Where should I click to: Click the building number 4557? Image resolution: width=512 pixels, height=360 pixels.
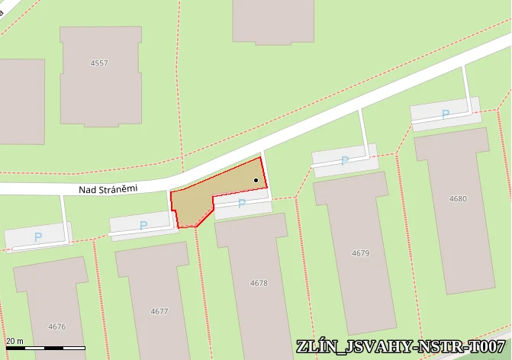[99, 63]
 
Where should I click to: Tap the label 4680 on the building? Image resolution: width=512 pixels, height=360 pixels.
[459, 199]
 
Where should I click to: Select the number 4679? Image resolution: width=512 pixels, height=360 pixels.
[361, 252]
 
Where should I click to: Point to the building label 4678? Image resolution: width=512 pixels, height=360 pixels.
[259, 283]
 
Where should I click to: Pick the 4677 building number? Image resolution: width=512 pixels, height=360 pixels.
[159, 311]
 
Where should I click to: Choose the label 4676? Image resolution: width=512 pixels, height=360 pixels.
[57, 326]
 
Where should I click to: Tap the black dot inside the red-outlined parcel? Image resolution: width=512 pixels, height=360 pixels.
[256, 181]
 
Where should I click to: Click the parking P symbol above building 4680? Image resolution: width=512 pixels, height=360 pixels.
[446, 114]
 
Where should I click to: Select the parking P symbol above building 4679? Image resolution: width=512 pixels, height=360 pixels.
[345, 161]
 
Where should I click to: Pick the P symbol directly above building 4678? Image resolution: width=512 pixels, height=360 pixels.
[242, 204]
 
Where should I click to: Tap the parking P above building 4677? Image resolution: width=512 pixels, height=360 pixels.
[143, 226]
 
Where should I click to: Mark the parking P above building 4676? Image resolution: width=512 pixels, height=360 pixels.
[38, 237]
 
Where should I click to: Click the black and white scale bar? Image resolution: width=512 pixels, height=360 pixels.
[46, 349]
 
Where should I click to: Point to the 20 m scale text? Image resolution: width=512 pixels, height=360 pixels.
[15, 341]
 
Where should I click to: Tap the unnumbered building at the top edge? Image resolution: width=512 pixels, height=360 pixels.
[273, 19]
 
